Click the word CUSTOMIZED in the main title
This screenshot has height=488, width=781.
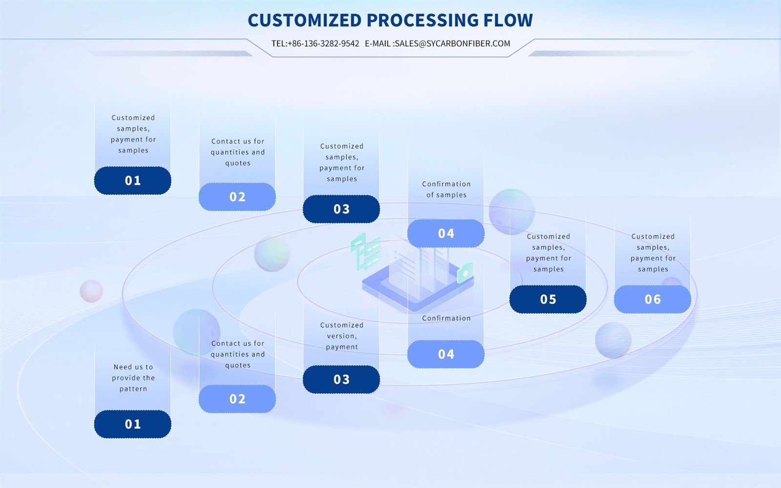tap(304, 20)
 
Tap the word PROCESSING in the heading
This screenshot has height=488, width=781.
tap(422, 20)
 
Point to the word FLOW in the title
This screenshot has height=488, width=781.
tap(508, 20)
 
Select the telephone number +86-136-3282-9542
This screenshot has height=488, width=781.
tap(323, 43)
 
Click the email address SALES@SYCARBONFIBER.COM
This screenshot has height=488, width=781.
tap(452, 43)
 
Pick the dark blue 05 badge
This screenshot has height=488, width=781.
tap(548, 299)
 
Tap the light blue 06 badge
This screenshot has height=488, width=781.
tap(652, 299)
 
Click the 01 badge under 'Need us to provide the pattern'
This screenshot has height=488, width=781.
tap(132, 424)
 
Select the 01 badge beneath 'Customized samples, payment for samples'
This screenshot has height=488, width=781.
tap(132, 181)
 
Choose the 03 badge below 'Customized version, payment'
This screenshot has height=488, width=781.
tap(341, 379)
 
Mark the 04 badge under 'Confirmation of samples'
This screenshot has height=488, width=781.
tap(446, 233)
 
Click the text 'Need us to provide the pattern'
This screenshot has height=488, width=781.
tap(133, 378)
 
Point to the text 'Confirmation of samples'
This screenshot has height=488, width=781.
tap(446, 189)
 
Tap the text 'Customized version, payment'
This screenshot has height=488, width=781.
tap(342, 336)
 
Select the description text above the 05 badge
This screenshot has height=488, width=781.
tap(548, 253)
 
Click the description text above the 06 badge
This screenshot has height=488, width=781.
tap(653, 253)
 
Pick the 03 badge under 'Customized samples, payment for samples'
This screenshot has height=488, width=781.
tap(341, 209)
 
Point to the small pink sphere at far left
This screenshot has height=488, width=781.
tap(91, 291)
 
